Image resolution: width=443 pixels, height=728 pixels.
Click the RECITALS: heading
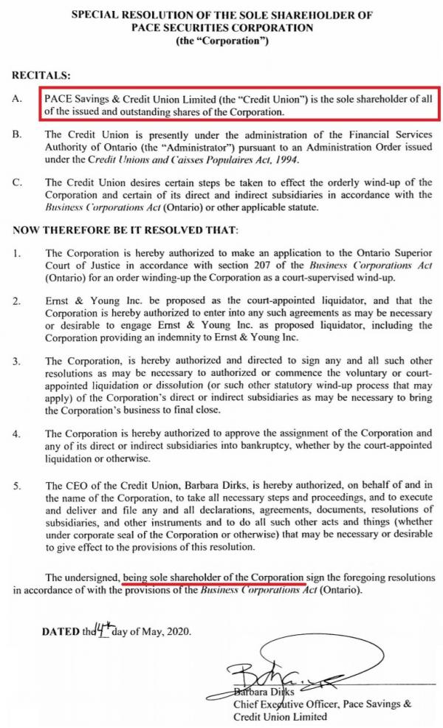[42, 75]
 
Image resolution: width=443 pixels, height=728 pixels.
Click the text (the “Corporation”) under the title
[222, 40]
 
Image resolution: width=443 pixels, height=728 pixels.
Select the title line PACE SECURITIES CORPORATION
[221, 27]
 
